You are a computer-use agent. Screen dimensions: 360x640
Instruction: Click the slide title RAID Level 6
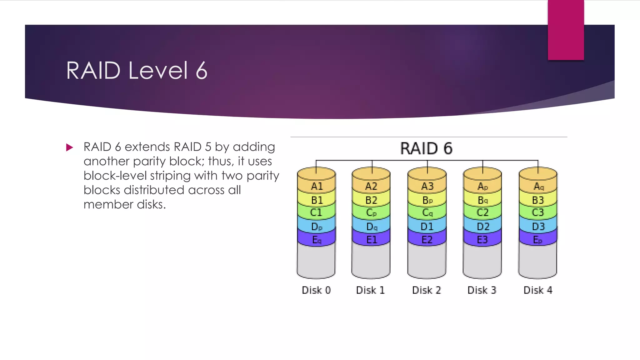pyautogui.click(x=137, y=71)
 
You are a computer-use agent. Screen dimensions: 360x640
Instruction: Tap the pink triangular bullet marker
pyautogui.click(x=69, y=147)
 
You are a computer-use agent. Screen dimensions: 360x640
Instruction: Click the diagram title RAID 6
pyautogui.click(x=426, y=148)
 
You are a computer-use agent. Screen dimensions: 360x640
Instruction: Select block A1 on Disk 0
pyautogui.click(x=317, y=187)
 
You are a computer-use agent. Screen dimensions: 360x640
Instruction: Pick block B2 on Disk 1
pyautogui.click(x=371, y=200)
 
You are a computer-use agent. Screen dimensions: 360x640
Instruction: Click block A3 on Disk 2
pyautogui.click(x=427, y=187)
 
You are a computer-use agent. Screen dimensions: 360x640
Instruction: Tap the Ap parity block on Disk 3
pyautogui.click(x=482, y=187)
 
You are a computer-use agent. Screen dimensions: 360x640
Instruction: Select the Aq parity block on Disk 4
pyautogui.click(x=538, y=187)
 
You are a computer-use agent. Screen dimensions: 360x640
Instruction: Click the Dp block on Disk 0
pyautogui.click(x=317, y=227)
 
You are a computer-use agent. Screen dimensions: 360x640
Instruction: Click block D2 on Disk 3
pyautogui.click(x=482, y=227)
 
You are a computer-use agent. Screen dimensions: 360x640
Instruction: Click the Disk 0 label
pyautogui.click(x=316, y=290)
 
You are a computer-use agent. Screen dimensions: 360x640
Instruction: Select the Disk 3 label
pyautogui.click(x=482, y=290)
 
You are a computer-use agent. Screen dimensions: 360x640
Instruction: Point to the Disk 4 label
pyautogui.click(x=538, y=290)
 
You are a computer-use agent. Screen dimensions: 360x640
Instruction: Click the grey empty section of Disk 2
pyautogui.click(x=427, y=261)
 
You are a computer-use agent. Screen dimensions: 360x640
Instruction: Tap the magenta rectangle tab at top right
pyautogui.click(x=566, y=30)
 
